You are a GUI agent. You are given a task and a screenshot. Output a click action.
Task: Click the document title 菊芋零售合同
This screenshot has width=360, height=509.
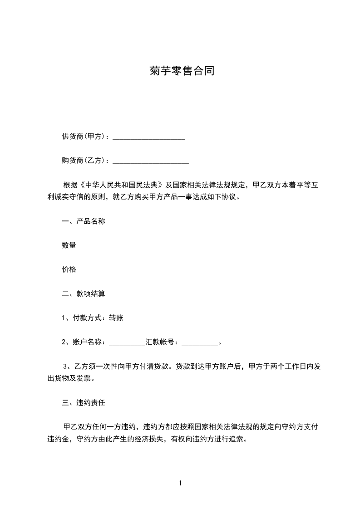pos(181,71)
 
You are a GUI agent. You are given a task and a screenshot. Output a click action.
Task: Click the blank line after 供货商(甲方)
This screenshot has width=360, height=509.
pos(148,137)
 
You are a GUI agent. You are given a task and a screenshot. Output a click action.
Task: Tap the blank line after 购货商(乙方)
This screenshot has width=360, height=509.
pos(150,161)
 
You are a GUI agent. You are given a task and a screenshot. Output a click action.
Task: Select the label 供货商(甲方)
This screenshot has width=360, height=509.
pos(84,137)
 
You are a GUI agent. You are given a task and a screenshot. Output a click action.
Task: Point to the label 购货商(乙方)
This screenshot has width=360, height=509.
pos(84,161)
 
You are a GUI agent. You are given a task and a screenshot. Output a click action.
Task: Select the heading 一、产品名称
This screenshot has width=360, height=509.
pos(84,221)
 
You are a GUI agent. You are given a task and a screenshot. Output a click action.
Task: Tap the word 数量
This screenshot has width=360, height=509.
pos(69,245)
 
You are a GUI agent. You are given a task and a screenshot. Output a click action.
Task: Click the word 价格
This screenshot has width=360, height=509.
pos(69,269)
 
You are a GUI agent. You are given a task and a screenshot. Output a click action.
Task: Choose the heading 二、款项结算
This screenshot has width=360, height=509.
pos(84,294)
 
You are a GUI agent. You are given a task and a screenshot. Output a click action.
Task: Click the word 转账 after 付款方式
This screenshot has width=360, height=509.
pos(116,318)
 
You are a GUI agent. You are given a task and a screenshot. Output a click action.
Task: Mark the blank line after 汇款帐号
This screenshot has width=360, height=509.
pos(200,343)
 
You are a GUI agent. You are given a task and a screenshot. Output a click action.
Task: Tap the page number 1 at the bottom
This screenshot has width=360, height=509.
pos(180,483)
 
